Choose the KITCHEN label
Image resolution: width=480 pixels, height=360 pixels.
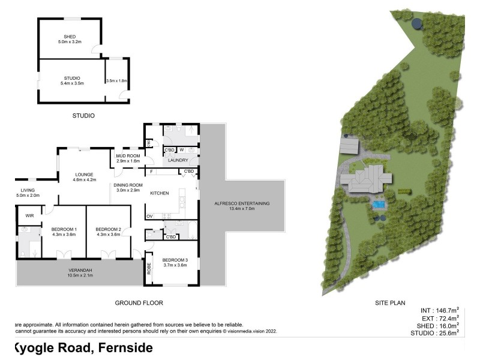[x=160, y=193]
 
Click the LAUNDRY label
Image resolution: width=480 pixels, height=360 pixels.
[x=178, y=160]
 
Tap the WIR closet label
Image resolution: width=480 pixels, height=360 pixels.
[x=29, y=215]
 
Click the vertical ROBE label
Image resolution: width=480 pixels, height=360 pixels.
[x=149, y=268]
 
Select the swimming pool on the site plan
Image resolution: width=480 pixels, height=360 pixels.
[x=378, y=205]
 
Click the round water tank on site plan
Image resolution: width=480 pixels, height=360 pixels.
[x=416, y=23]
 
